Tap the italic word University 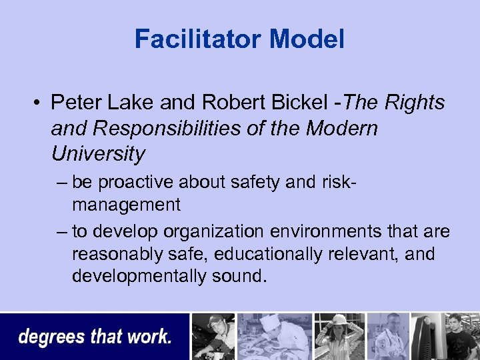(x=97, y=154)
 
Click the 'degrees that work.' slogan (x=95, y=337)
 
